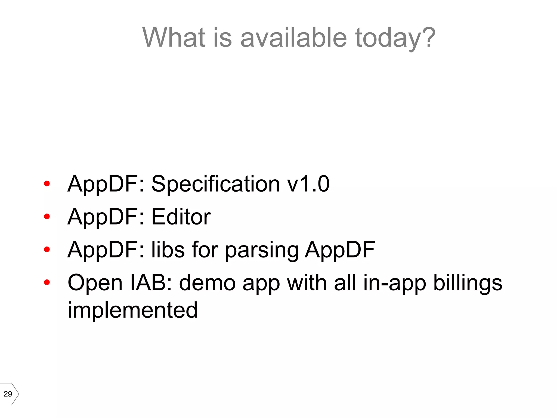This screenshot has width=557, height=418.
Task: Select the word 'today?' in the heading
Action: point(395,38)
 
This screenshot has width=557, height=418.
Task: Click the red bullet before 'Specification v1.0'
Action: point(47,184)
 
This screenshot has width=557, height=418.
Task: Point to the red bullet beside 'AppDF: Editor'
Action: point(47,217)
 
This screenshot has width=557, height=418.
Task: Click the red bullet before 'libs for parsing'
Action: point(47,249)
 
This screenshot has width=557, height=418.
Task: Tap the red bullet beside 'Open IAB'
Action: point(47,282)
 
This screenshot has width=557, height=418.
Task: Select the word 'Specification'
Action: point(215,185)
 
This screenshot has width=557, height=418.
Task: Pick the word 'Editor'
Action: point(181,217)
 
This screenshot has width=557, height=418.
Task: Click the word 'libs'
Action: point(168,250)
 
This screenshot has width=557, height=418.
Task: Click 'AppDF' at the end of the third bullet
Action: point(340,250)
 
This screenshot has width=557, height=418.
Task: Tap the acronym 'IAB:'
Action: point(151,282)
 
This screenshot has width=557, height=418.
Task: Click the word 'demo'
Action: point(207,283)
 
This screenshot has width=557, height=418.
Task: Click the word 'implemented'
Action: point(132,310)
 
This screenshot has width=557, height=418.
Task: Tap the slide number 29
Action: point(8,394)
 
